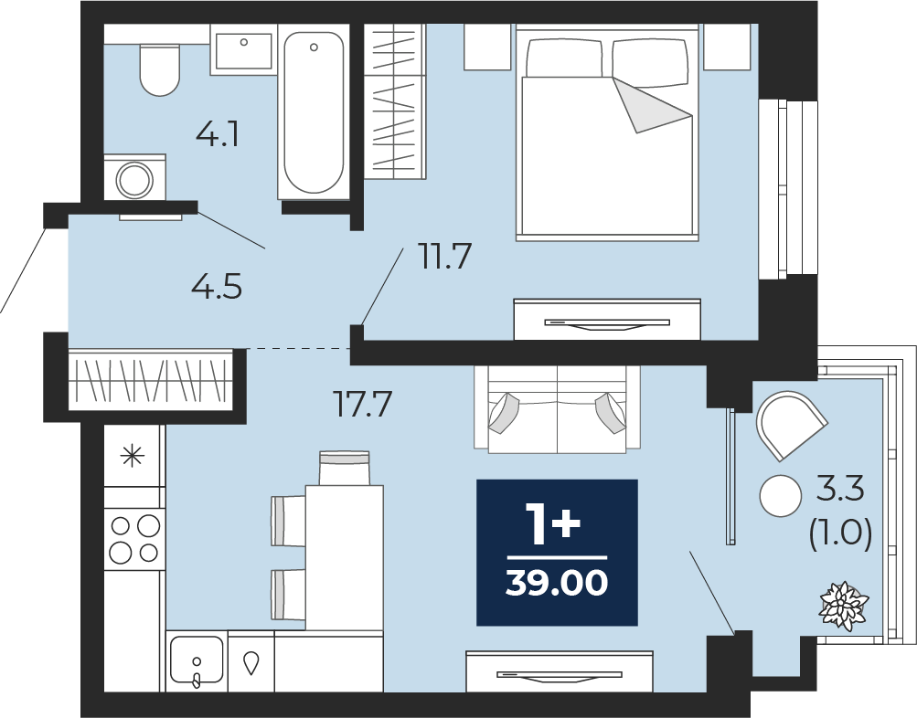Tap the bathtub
point(314,111)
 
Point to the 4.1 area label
point(219,135)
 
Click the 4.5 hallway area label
point(217,288)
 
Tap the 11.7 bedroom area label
point(445,257)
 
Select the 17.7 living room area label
point(362,405)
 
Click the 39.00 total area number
point(557,583)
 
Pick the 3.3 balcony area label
point(840,490)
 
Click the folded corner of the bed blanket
point(653,105)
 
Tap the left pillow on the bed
point(564,58)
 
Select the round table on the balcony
point(781,495)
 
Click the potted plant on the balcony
point(844,603)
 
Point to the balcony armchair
point(791,425)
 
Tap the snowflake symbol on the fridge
point(133,456)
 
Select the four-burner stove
point(134,539)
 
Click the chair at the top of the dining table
point(345,468)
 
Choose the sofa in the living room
point(557,409)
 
